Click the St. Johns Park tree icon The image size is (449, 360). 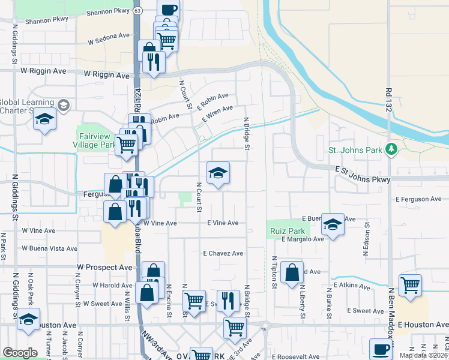click(x=391, y=148)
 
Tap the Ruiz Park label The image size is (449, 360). click(x=286, y=230)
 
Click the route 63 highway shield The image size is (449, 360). click(x=139, y=11)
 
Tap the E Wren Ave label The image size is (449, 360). click(x=217, y=112)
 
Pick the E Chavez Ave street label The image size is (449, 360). click(x=223, y=253)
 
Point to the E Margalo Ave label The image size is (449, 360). click(x=303, y=239)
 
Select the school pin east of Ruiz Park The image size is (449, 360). click(x=333, y=224)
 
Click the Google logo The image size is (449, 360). click(x=20, y=353)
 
